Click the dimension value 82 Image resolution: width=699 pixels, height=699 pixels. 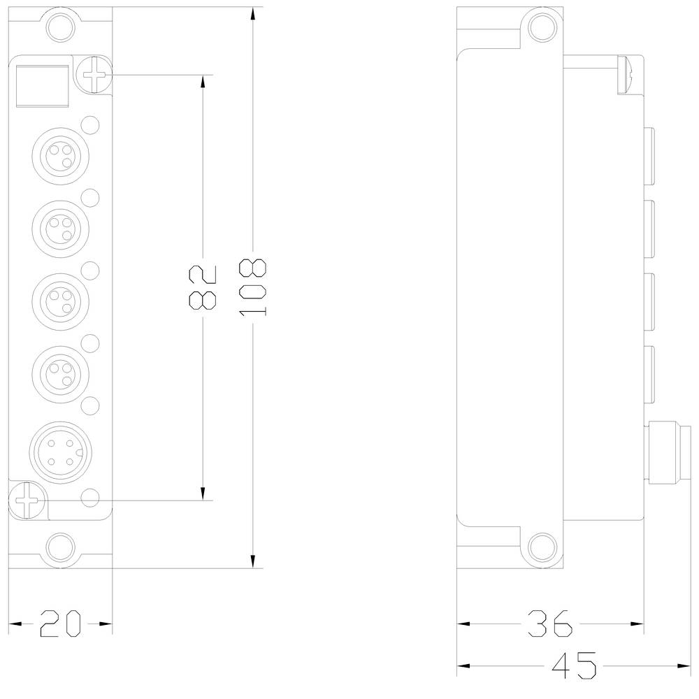pos(202,287)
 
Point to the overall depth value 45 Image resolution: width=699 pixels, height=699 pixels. pos(574,665)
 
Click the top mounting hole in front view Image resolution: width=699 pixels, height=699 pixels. pos(59,27)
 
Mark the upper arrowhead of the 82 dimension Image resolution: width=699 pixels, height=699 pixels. pos(203,80)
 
